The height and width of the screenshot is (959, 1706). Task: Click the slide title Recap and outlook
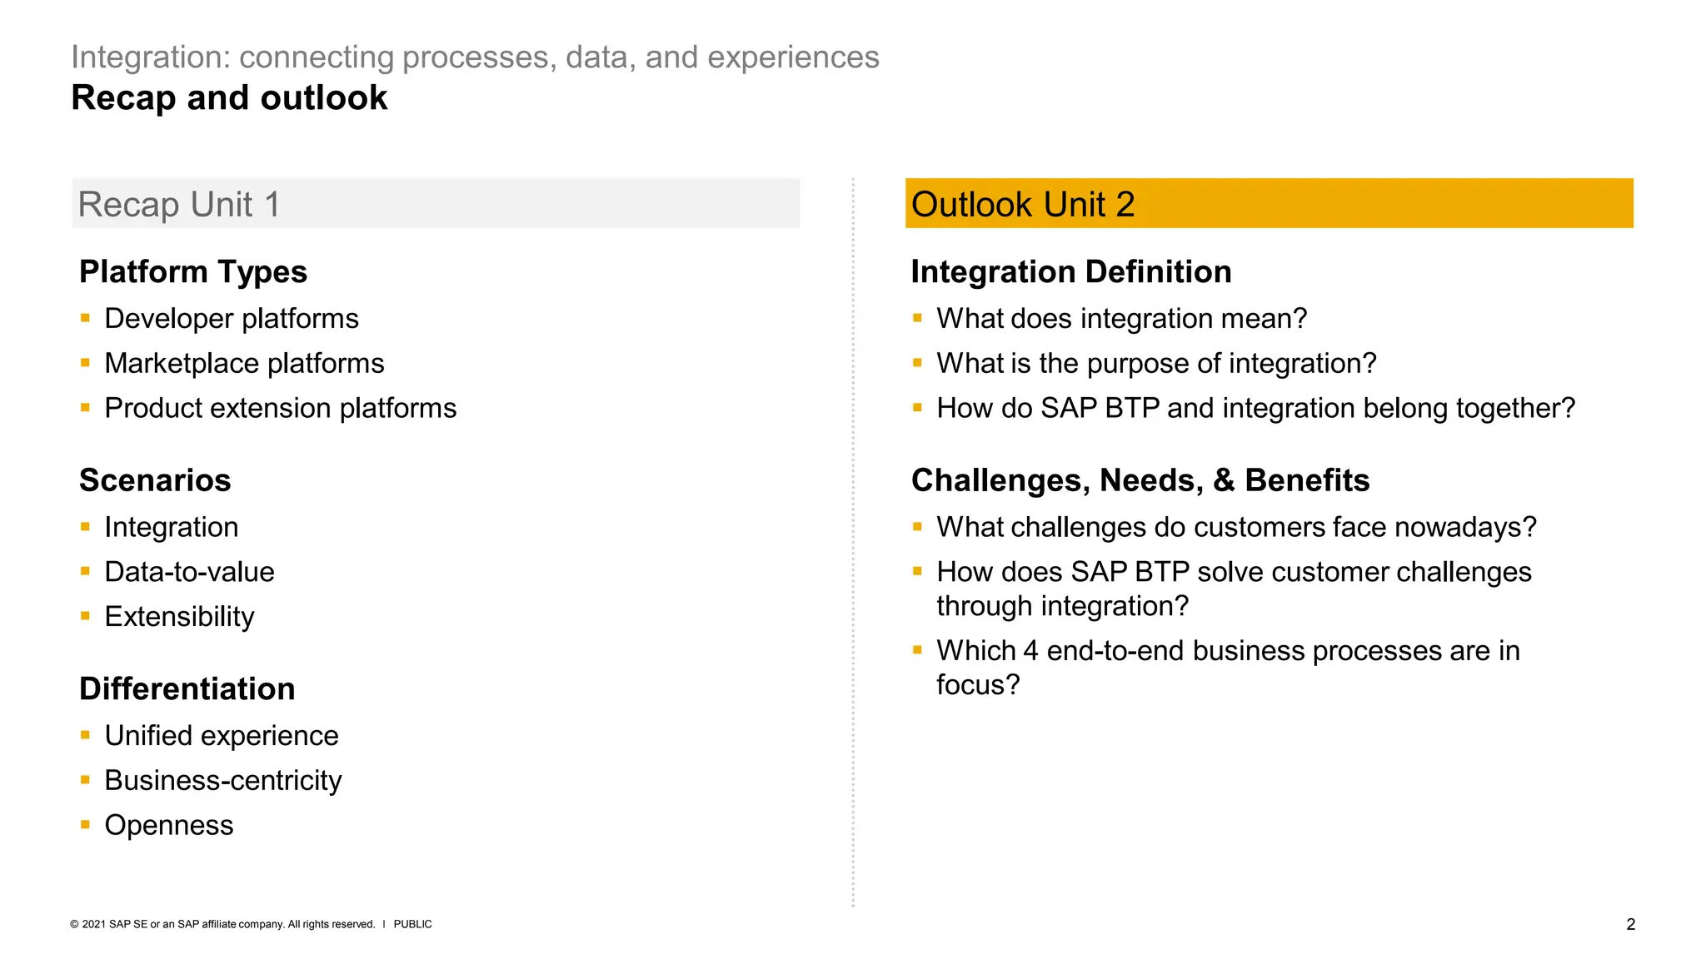(229, 98)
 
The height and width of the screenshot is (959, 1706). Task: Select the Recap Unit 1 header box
(435, 204)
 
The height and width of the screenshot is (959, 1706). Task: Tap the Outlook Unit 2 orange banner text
(1022, 205)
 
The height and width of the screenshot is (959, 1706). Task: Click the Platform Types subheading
(192, 272)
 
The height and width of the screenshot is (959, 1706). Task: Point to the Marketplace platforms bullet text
(244, 364)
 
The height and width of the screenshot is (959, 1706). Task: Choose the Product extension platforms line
(280, 409)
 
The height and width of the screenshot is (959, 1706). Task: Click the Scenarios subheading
(155, 480)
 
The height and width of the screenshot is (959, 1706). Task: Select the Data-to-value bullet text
(189, 572)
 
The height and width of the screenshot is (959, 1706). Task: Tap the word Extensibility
(179, 617)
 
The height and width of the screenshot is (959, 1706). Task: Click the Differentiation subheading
(187, 689)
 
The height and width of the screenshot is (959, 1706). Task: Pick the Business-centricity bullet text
(222, 781)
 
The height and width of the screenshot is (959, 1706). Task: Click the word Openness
(168, 826)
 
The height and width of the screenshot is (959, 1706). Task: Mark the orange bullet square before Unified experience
(85, 734)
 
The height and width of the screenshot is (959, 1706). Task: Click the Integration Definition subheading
(1070, 272)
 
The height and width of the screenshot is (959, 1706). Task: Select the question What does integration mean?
(1121, 319)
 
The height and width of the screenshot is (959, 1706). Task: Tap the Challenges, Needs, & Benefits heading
(1140, 480)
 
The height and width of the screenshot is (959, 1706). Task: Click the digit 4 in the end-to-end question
(1030, 651)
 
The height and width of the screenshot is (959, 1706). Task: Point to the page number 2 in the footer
(1630, 924)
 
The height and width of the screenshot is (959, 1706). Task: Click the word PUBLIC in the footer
(412, 924)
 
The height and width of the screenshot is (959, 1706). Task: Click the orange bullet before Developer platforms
(85, 317)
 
